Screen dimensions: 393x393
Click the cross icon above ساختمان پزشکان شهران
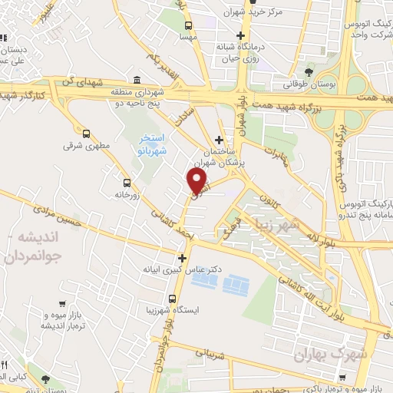[x=220, y=140]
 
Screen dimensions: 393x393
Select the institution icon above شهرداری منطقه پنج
[x=137, y=80]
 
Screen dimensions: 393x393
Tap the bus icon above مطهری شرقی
[x=85, y=132]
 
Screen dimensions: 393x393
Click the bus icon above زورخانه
[x=126, y=182]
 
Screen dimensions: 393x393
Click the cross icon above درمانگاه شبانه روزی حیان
[x=241, y=35]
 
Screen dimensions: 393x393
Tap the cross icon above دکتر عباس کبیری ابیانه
[x=182, y=258]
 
